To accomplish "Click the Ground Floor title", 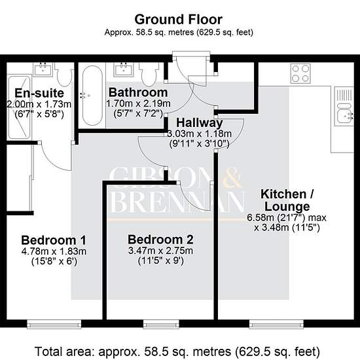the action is coord(179,20).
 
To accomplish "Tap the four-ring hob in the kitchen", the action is coord(300,73).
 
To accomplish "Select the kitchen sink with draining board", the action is coord(344,106).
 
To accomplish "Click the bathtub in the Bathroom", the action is coord(92,96).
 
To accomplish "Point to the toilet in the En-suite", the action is coord(65,75).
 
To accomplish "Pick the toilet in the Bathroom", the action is coord(149,75).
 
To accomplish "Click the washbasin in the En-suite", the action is coord(43,69).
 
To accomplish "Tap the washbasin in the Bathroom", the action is coord(124,69).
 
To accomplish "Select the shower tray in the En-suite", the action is coord(19,107).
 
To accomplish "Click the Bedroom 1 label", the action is coord(54,240).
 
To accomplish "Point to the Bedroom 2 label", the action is coord(160,240).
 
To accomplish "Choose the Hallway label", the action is coord(199,122).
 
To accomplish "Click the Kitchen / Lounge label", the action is coord(287,200).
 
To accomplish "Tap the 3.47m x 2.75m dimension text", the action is coord(160,251).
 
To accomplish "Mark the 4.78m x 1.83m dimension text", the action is coord(54,251).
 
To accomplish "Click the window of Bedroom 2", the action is coord(161,324).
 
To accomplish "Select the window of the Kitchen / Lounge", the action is coord(276,324).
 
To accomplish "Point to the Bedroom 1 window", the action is coord(54,324).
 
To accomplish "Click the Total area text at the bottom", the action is coord(177,351).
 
